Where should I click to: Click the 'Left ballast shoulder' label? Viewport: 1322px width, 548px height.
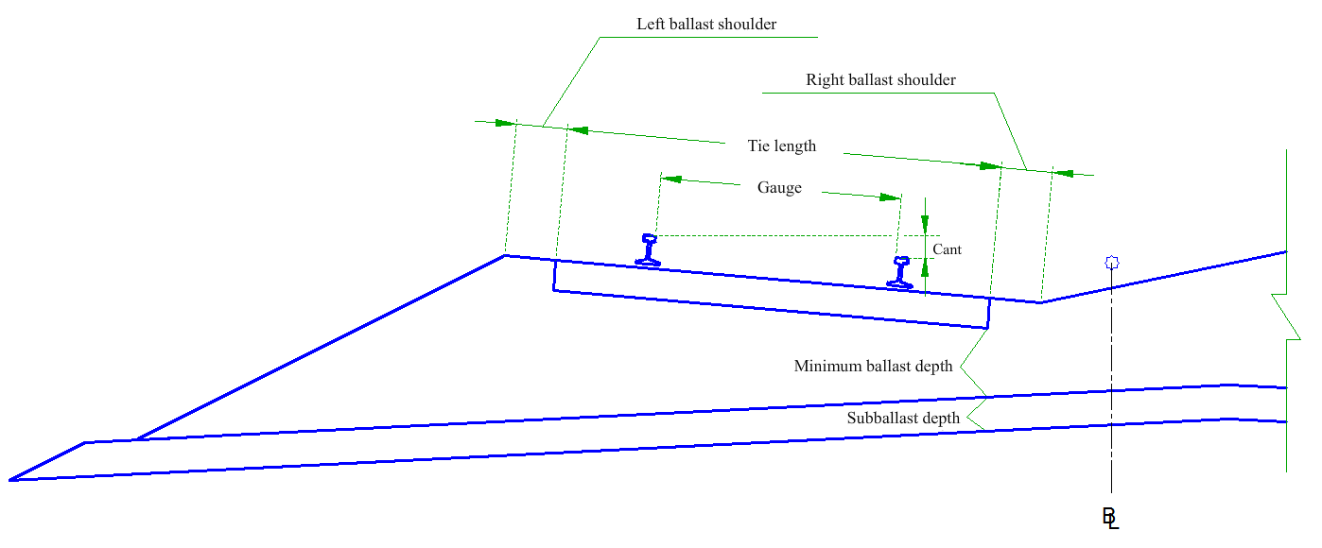(x=705, y=25)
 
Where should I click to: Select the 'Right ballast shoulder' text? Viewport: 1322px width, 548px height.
(x=880, y=79)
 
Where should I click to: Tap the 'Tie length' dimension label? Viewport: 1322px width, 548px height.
(x=781, y=146)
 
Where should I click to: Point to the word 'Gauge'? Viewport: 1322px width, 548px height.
(x=779, y=188)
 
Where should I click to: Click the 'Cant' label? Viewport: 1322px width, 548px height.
(x=947, y=249)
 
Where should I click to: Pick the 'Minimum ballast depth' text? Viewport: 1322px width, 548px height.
(x=873, y=367)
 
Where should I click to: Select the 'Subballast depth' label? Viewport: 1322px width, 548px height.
(x=903, y=419)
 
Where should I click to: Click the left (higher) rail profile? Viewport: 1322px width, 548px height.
(x=648, y=249)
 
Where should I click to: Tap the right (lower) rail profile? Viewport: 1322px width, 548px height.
(x=900, y=272)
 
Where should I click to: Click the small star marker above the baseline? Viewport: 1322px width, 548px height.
(x=1112, y=263)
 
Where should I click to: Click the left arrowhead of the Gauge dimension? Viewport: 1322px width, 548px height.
(x=671, y=179)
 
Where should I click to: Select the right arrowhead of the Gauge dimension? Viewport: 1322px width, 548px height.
(x=890, y=197)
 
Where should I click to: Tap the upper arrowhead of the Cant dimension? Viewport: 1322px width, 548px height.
(x=925, y=224)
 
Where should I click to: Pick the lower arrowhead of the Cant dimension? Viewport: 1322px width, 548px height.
(x=925, y=268)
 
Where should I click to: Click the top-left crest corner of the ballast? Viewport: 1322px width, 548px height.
(x=506, y=255)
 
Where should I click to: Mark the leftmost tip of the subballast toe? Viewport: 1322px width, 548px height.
(x=9, y=480)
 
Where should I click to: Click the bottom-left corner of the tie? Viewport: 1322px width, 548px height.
(x=553, y=290)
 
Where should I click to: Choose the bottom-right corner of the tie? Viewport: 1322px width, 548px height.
(x=988, y=328)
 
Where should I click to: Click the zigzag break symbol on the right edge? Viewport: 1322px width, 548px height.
(x=1286, y=317)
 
